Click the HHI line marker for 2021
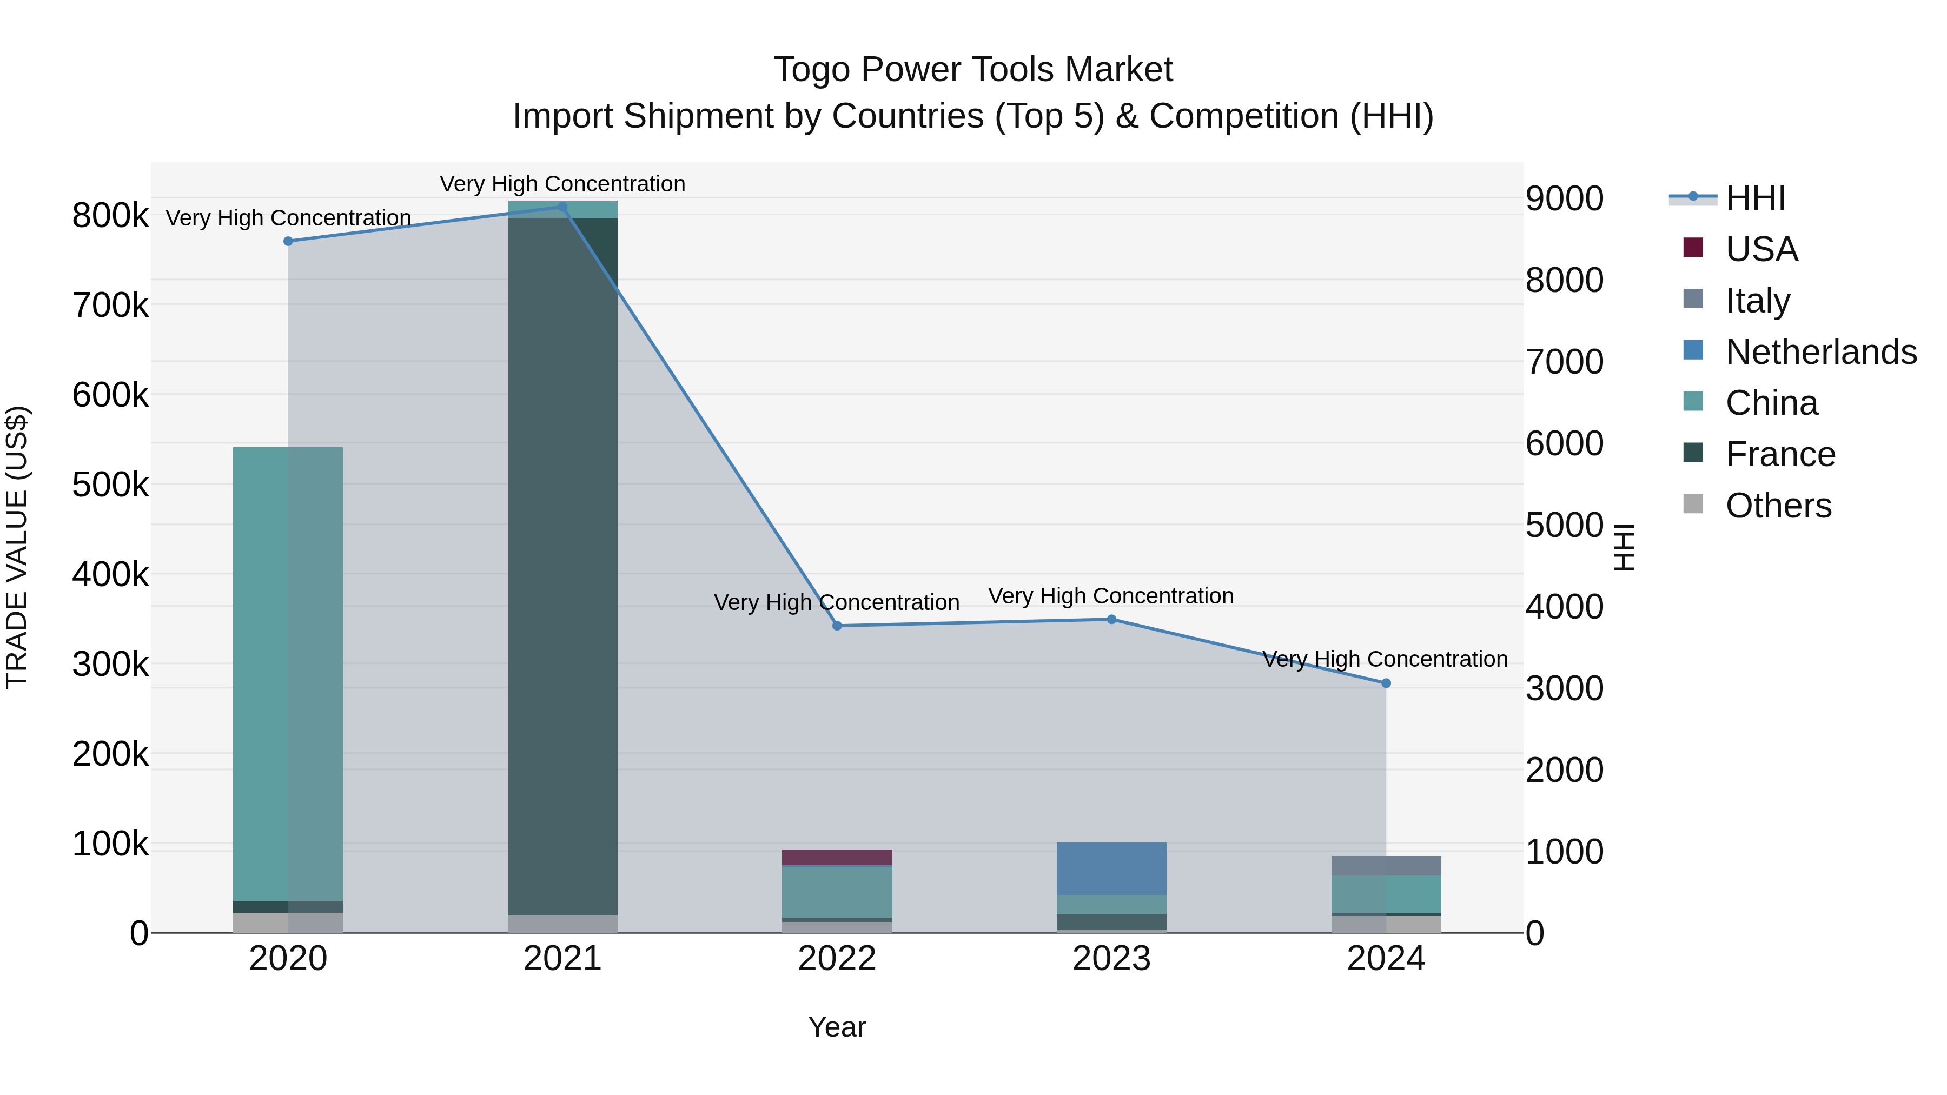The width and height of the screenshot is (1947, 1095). (562, 207)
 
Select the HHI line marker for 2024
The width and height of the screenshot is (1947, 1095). (1386, 683)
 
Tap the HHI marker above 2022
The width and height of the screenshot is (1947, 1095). (837, 626)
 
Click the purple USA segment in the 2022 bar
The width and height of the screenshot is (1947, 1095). (837, 857)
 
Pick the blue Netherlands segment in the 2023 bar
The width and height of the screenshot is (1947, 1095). (1111, 868)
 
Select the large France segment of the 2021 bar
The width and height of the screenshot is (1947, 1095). (562, 567)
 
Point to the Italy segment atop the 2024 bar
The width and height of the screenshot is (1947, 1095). (1386, 865)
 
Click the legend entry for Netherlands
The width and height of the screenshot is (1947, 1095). (1820, 352)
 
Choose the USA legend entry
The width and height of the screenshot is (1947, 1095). (1761, 249)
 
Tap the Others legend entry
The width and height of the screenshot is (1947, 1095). (1778, 506)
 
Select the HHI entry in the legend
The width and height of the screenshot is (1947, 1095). (1755, 198)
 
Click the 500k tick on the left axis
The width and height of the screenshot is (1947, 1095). (110, 485)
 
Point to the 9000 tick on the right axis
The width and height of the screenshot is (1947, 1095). (1564, 199)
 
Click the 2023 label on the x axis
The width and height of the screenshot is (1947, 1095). (1111, 959)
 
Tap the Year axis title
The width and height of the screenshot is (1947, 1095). (837, 1027)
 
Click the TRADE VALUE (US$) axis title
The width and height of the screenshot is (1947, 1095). (17, 547)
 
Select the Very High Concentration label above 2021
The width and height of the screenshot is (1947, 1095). (562, 184)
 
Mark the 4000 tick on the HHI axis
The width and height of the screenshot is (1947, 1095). (1564, 606)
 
